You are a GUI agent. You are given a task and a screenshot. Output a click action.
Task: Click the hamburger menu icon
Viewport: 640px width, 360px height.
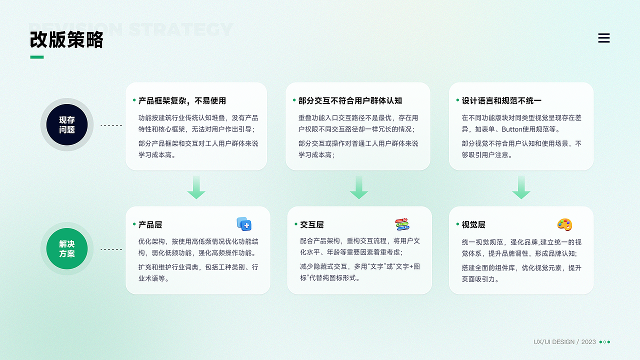click(x=604, y=38)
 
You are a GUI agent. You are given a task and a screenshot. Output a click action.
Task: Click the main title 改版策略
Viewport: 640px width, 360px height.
click(x=66, y=39)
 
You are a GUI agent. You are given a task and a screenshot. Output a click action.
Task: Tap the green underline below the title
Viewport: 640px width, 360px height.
click(x=36, y=57)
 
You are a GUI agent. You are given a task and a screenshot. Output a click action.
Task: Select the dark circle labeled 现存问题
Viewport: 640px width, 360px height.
click(x=67, y=125)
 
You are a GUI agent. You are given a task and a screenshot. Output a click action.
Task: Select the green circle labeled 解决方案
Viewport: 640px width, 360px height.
click(x=67, y=249)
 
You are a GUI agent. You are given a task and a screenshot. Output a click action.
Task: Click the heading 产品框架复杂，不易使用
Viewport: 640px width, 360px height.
click(x=182, y=100)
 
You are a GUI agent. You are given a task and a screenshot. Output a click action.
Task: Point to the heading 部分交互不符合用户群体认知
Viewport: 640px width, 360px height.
click(x=350, y=100)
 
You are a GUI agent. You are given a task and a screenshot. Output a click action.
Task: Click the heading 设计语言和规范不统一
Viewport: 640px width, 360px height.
click(x=501, y=100)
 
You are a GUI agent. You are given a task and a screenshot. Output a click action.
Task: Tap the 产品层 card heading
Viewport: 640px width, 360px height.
click(x=150, y=224)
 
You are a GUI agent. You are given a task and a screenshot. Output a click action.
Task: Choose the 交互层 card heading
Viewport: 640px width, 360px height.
click(x=312, y=224)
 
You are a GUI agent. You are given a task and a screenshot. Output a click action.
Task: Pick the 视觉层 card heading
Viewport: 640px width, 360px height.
click(x=473, y=224)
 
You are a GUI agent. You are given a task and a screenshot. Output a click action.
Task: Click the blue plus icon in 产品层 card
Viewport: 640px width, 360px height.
click(x=244, y=224)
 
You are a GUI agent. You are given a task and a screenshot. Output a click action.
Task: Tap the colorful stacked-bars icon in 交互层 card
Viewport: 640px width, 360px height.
click(x=402, y=224)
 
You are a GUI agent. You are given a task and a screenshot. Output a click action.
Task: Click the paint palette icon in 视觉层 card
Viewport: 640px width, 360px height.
click(x=564, y=224)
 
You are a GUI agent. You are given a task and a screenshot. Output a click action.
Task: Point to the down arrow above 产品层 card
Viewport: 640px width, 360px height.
click(x=196, y=187)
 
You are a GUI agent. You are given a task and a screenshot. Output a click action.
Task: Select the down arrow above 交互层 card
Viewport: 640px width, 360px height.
click(x=358, y=187)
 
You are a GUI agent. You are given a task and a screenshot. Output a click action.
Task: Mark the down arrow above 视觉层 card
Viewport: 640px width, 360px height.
click(x=521, y=187)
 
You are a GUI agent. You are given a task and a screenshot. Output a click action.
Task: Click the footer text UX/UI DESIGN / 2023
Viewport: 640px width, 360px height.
click(x=564, y=342)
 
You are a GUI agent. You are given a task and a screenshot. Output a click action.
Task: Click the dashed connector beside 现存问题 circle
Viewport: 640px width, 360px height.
click(x=111, y=125)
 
